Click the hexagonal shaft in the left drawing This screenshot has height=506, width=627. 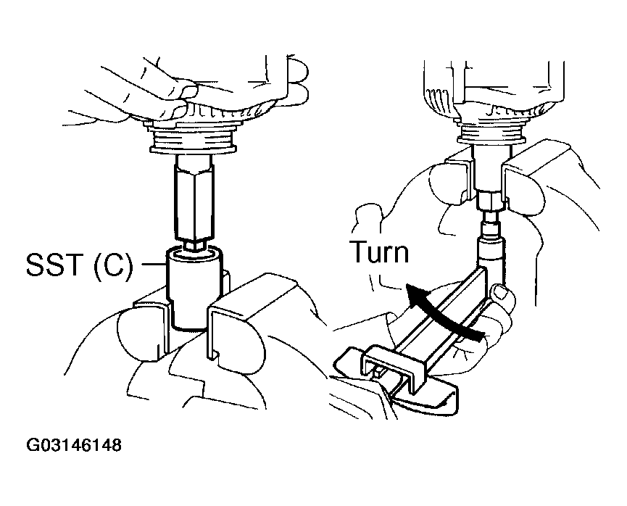pyautogui.click(x=194, y=199)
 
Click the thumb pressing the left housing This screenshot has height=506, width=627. pyautogui.click(x=170, y=91)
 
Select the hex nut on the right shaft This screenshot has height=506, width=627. pyautogui.click(x=487, y=198)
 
